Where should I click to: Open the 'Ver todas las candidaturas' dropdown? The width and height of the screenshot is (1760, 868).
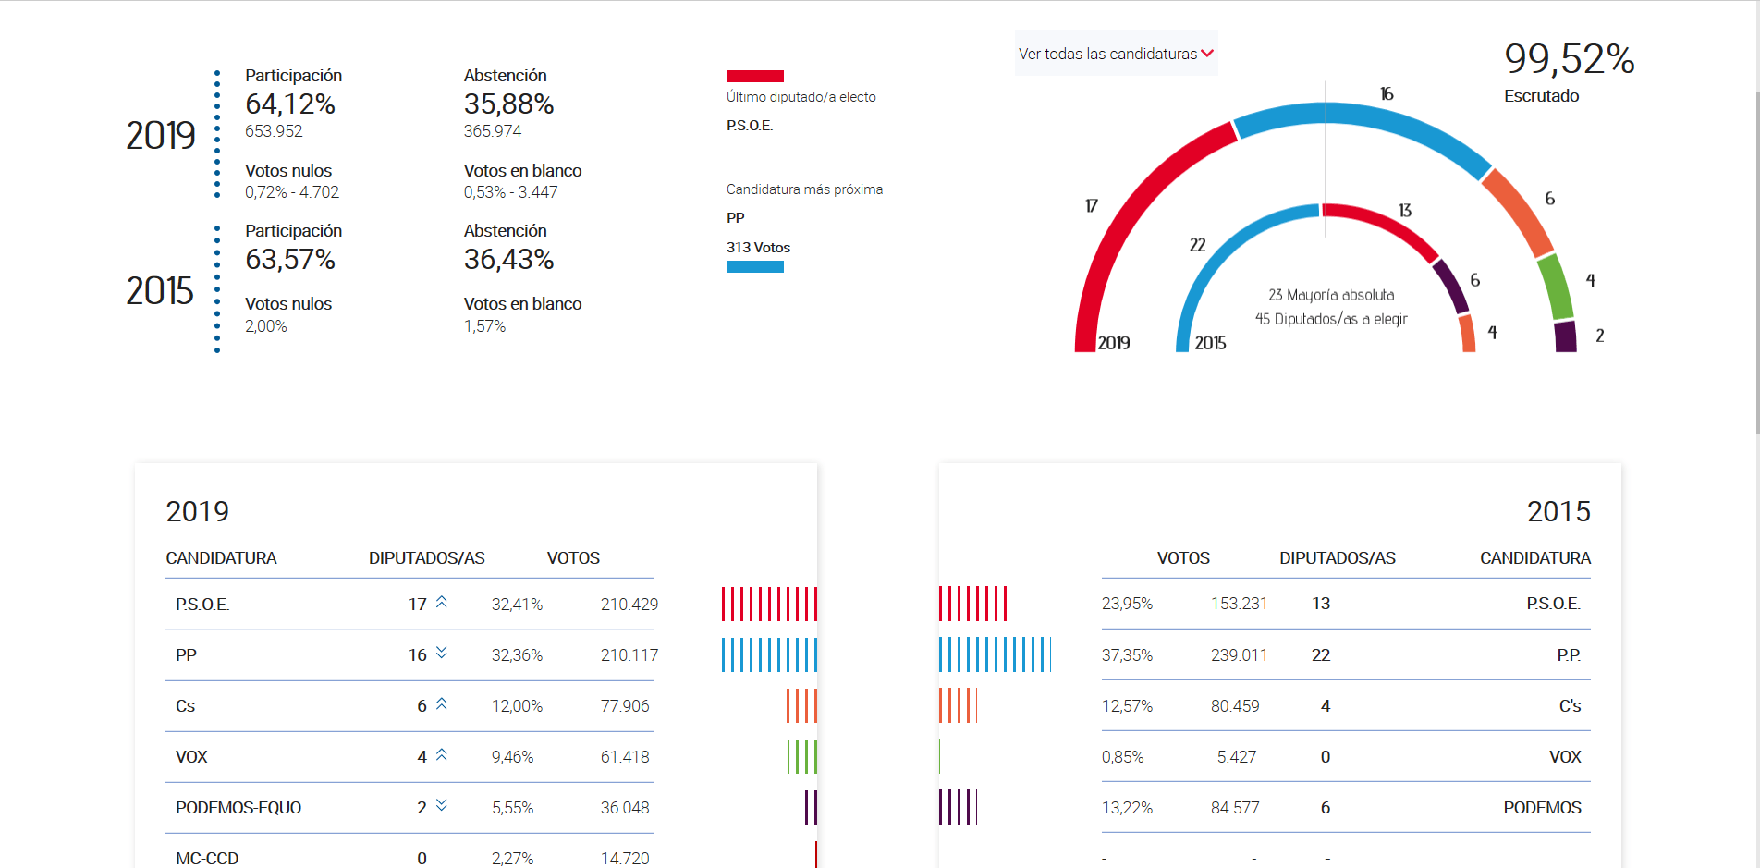point(1116,54)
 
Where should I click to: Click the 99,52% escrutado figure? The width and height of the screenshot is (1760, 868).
point(1569,59)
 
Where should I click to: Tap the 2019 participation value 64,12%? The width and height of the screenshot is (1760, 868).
point(289,104)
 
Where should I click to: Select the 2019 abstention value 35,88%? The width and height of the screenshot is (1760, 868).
point(508,104)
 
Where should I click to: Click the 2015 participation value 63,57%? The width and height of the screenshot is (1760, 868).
point(289,260)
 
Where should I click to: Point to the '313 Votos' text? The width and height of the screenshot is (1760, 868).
point(758,248)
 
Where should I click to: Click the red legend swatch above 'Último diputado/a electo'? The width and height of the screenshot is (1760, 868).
point(754,77)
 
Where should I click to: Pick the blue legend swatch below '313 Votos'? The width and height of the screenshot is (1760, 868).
point(754,267)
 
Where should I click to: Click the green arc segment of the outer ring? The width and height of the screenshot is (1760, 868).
point(1555,286)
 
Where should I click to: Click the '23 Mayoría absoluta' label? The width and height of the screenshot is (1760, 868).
point(1331,295)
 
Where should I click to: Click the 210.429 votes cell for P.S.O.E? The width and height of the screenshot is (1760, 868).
point(629,605)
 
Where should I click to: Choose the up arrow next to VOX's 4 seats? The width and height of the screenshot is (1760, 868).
point(442,755)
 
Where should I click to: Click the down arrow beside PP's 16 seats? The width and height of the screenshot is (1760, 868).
point(442,653)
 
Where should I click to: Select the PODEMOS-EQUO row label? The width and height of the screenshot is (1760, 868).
point(238,808)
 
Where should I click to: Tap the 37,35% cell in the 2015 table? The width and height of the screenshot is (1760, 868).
point(1127,655)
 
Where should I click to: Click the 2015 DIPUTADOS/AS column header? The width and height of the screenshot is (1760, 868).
point(1337,558)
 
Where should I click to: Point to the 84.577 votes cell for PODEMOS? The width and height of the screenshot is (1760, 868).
point(1235,808)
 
